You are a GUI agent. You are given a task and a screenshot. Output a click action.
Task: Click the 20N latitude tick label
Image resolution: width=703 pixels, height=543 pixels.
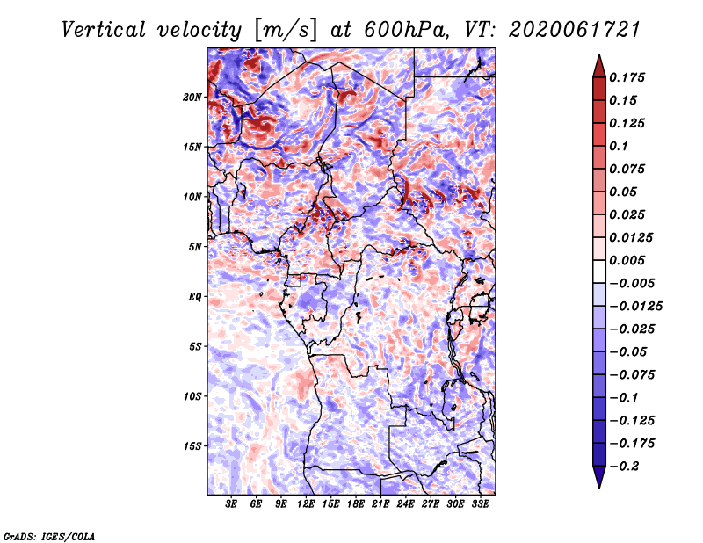[x=192, y=97]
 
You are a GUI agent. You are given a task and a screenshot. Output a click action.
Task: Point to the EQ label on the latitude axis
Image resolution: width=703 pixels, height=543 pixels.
[x=195, y=297]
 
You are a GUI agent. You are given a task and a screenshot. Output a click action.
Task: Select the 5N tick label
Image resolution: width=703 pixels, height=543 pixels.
[x=195, y=247]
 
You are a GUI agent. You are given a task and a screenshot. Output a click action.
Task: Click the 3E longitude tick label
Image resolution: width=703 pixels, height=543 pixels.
[x=231, y=503]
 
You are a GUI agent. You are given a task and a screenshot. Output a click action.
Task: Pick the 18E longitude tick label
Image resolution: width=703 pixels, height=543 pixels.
[x=356, y=503]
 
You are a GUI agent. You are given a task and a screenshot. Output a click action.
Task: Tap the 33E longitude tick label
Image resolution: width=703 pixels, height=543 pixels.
[x=480, y=503]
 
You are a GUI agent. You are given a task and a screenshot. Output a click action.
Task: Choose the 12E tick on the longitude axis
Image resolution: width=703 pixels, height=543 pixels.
[x=306, y=503]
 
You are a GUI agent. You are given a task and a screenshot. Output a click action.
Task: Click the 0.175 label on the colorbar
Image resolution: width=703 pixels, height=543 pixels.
[x=627, y=77]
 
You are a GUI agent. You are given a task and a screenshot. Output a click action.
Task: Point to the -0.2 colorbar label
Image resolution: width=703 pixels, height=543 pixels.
[x=624, y=467]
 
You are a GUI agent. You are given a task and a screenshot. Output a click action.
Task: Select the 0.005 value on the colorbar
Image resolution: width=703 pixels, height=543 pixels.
[x=627, y=260]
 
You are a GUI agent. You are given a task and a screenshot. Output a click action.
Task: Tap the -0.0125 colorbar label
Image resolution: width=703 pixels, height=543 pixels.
[x=635, y=307]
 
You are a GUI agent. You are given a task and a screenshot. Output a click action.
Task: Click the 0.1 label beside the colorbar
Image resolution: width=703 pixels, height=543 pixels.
[x=619, y=146]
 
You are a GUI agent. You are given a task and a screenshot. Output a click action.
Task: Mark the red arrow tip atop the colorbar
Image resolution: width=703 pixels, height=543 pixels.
[x=599, y=54]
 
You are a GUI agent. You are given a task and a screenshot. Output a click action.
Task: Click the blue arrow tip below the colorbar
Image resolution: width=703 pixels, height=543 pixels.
[x=599, y=488]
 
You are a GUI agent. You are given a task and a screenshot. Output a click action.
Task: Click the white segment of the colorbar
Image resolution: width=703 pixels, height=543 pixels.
[x=599, y=271]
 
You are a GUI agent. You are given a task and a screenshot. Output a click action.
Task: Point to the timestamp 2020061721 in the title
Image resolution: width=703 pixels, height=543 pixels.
[x=575, y=30]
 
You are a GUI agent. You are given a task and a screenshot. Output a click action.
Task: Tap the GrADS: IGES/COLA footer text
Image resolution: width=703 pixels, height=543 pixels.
[x=49, y=536]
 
